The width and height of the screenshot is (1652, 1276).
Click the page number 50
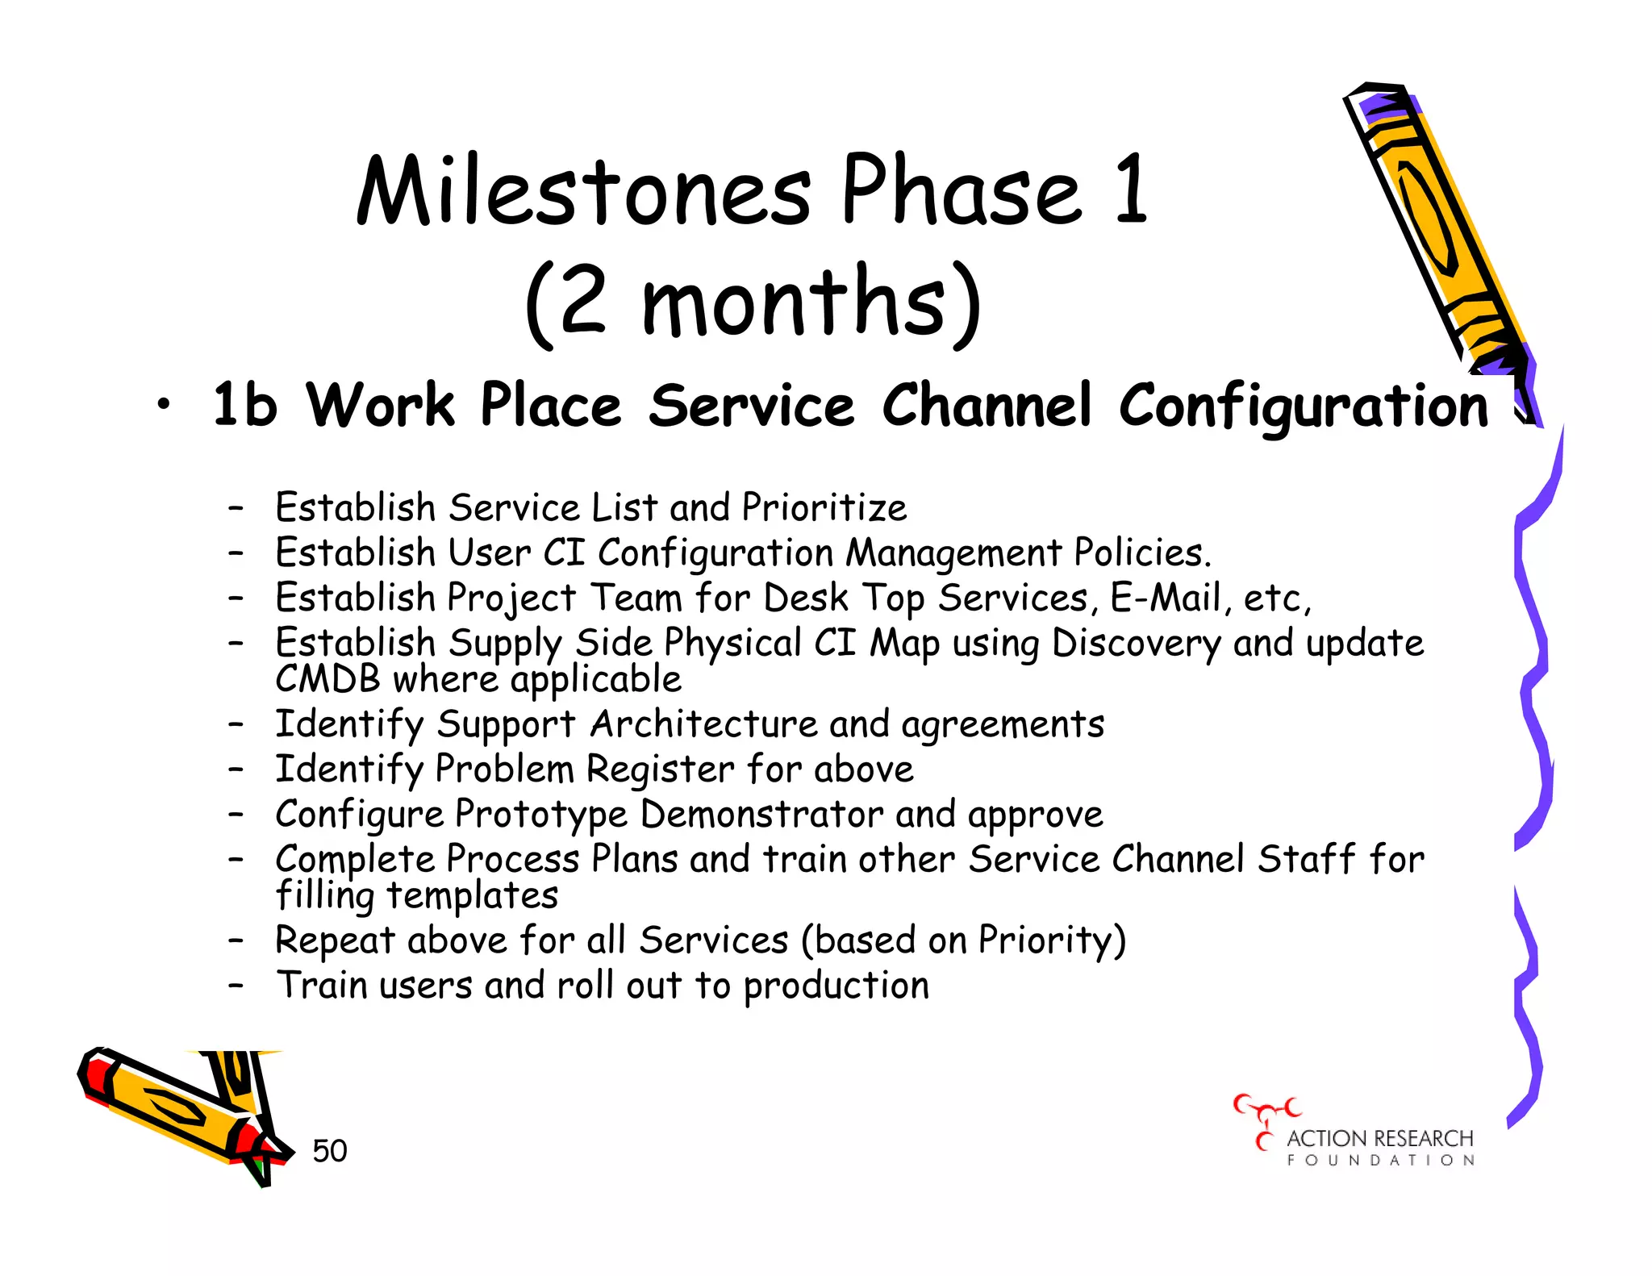tap(329, 1151)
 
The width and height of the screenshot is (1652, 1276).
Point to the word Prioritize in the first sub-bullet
tap(824, 508)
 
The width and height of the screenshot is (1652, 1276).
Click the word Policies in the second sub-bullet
tap(1141, 553)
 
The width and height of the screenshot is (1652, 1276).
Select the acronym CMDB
tap(327, 679)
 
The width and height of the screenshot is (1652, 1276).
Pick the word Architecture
tap(703, 723)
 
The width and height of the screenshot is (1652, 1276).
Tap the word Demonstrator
tap(761, 814)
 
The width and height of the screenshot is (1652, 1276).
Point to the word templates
tap(472, 895)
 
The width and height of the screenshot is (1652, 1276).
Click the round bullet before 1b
tap(164, 405)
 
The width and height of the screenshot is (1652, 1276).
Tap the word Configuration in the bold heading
tap(1303, 406)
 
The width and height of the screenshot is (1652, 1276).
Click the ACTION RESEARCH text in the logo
tap(1379, 1138)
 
